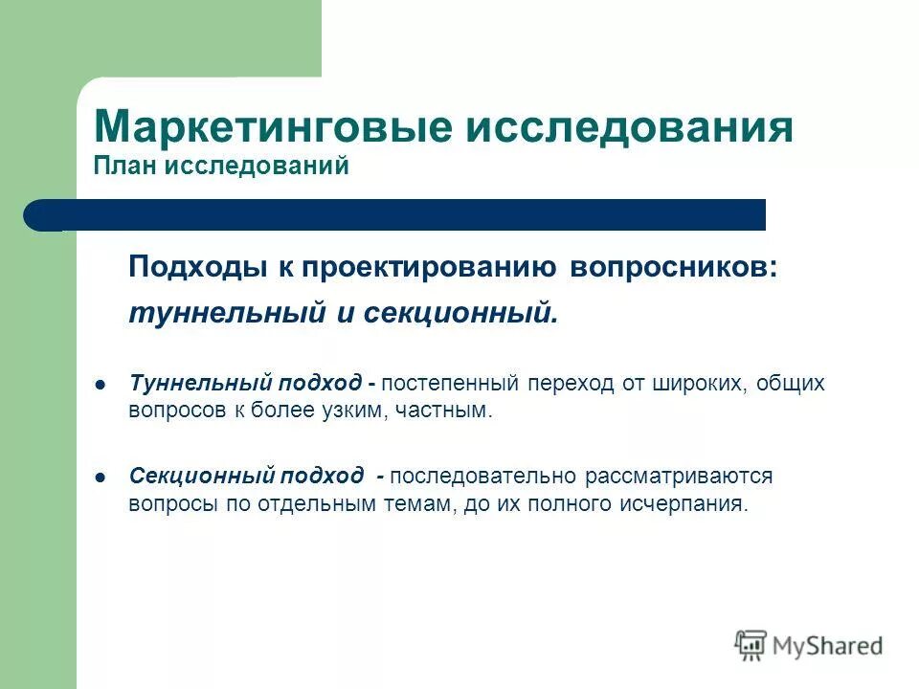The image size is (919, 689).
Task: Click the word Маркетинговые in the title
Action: click(x=277, y=127)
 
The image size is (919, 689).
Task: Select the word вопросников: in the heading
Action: click(x=674, y=267)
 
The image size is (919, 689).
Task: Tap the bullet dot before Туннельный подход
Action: click(x=100, y=384)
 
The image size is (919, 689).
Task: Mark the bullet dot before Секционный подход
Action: click(x=100, y=476)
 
